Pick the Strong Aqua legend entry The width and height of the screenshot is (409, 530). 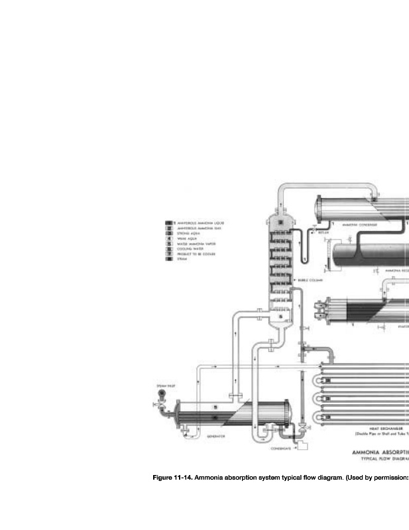pyautogui.click(x=189, y=234)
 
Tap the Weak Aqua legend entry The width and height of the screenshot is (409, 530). pyautogui.click(x=188, y=238)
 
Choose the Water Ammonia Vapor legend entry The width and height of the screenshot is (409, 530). pyautogui.click(x=196, y=244)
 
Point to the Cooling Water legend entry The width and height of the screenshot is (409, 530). pyautogui.click(x=191, y=249)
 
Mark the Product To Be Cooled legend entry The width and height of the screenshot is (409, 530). pyautogui.click(x=197, y=254)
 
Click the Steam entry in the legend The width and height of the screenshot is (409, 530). pyautogui.click(x=184, y=259)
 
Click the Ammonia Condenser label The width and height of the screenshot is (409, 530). pyautogui.click(x=360, y=225)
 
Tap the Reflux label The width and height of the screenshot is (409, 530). pyautogui.click(x=323, y=233)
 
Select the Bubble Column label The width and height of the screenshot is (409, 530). pyautogui.click(x=310, y=280)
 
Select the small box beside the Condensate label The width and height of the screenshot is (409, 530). pyautogui.click(x=302, y=447)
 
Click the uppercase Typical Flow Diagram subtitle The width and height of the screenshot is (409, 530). pyautogui.click(x=384, y=458)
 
